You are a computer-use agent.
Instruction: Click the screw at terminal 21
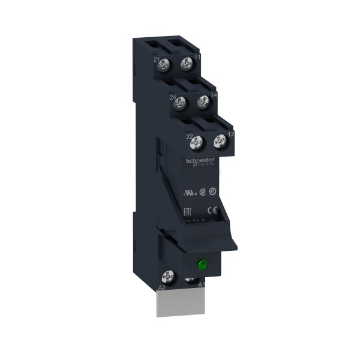[168, 65]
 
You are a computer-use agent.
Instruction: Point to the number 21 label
[157, 60]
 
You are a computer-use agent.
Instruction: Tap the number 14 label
[213, 94]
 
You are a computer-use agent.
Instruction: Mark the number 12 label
[230, 134]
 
